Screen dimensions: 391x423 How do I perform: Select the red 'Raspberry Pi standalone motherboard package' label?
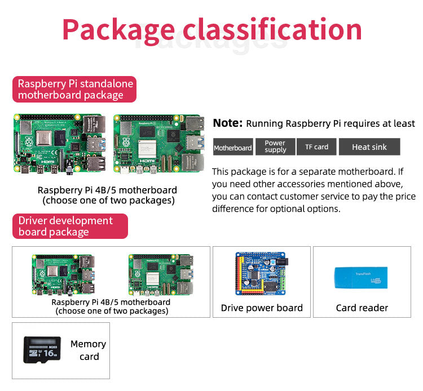(x=74, y=90)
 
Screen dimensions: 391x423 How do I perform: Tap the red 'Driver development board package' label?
(x=70, y=226)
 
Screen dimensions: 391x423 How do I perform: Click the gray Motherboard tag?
(x=232, y=148)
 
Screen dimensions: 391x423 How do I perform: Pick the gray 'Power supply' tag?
(x=275, y=147)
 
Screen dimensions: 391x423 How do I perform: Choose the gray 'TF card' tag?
(x=316, y=147)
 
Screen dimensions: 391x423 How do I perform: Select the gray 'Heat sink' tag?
(x=369, y=147)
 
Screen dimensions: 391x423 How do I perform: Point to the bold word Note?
(x=227, y=123)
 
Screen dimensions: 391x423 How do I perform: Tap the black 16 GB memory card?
(x=42, y=349)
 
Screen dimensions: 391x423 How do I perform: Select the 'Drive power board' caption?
(x=262, y=308)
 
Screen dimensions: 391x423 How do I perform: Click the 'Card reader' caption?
(x=362, y=308)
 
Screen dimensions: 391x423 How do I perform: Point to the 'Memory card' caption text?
(x=89, y=350)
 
